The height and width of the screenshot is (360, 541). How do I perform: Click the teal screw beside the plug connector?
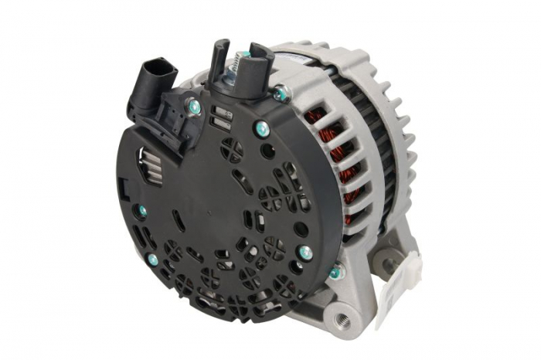click(x=194, y=107)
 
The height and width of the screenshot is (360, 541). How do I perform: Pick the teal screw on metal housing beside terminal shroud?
click(x=281, y=94)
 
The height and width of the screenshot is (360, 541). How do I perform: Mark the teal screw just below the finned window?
click(x=142, y=210)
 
